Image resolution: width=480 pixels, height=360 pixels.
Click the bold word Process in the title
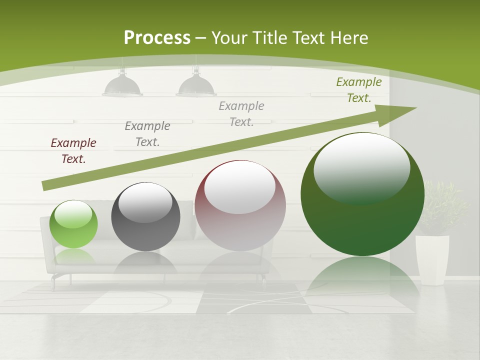(x=157, y=38)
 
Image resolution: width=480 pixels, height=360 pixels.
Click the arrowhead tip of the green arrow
(x=415, y=108)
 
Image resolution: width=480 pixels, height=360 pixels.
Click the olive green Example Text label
(x=359, y=90)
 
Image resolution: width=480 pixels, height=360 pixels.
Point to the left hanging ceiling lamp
(x=122, y=86)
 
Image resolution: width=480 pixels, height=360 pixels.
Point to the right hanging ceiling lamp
(x=196, y=86)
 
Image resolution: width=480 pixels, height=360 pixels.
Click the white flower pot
(x=432, y=260)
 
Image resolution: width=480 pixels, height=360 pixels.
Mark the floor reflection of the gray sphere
(x=145, y=262)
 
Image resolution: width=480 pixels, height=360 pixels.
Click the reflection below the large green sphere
(x=362, y=280)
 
